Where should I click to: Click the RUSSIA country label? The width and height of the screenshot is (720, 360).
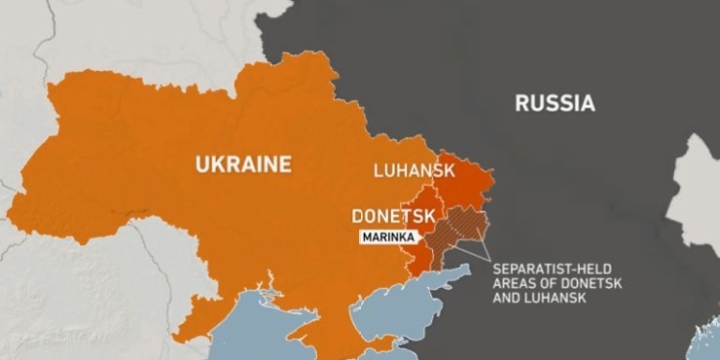coord(554,104)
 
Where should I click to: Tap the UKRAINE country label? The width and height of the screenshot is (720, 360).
coord(243,165)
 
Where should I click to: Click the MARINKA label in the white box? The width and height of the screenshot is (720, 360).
coord(389,237)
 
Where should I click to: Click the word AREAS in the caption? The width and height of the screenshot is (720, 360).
coord(514,283)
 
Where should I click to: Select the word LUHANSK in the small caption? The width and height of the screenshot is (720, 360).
coord(559,299)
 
